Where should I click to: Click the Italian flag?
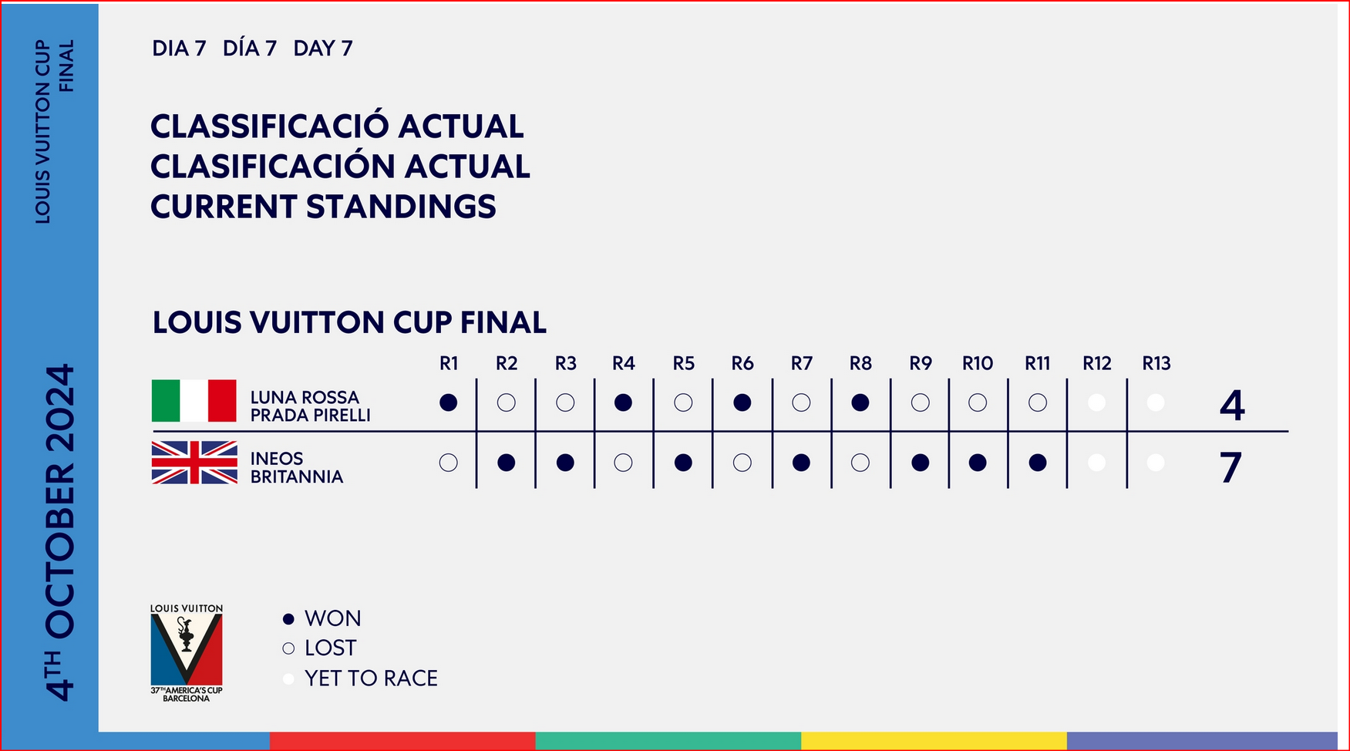(194, 400)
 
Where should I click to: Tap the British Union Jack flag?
(194, 462)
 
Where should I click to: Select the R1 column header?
(449, 363)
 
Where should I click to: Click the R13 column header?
(1156, 363)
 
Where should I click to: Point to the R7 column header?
(802, 363)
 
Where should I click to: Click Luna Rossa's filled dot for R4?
(623, 402)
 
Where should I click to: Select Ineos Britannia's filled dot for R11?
(1038, 463)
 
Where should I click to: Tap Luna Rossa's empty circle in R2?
(507, 402)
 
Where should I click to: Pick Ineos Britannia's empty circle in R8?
(860, 463)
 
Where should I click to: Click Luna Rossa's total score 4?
(1232, 405)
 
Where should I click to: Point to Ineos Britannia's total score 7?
(1231, 467)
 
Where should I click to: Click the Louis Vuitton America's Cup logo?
(187, 652)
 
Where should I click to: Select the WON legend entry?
(322, 618)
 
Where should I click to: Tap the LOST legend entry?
(320, 648)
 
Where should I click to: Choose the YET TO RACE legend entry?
(360, 679)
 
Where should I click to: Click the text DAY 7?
(323, 49)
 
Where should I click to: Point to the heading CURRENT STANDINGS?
(323, 207)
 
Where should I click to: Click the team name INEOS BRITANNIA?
(297, 467)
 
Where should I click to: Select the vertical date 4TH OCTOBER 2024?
(60, 532)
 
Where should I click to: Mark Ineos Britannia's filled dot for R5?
(683, 463)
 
